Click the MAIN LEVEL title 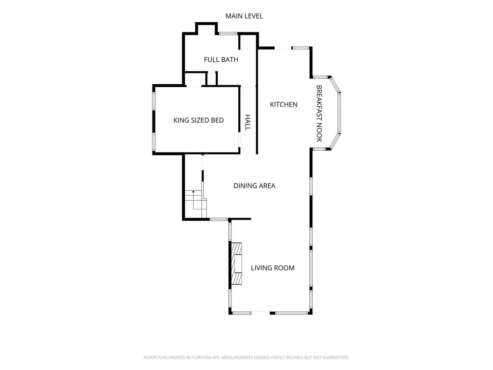pos(244,16)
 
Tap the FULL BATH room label pos(221,59)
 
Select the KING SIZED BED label pos(198,120)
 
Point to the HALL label pos(247,123)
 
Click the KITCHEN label pos(284,104)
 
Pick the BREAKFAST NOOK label pos(319,114)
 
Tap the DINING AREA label pos(254,186)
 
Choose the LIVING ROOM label pos(273,268)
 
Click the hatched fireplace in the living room pos(237,264)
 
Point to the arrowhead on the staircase pos(193,192)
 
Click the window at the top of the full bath pos(228,34)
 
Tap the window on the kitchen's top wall pos(300,48)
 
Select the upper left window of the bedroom pos(154,101)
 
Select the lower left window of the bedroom pos(154,142)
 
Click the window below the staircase pos(219,219)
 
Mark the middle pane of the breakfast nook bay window pos(339,113)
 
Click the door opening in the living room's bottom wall pos(260,313)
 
